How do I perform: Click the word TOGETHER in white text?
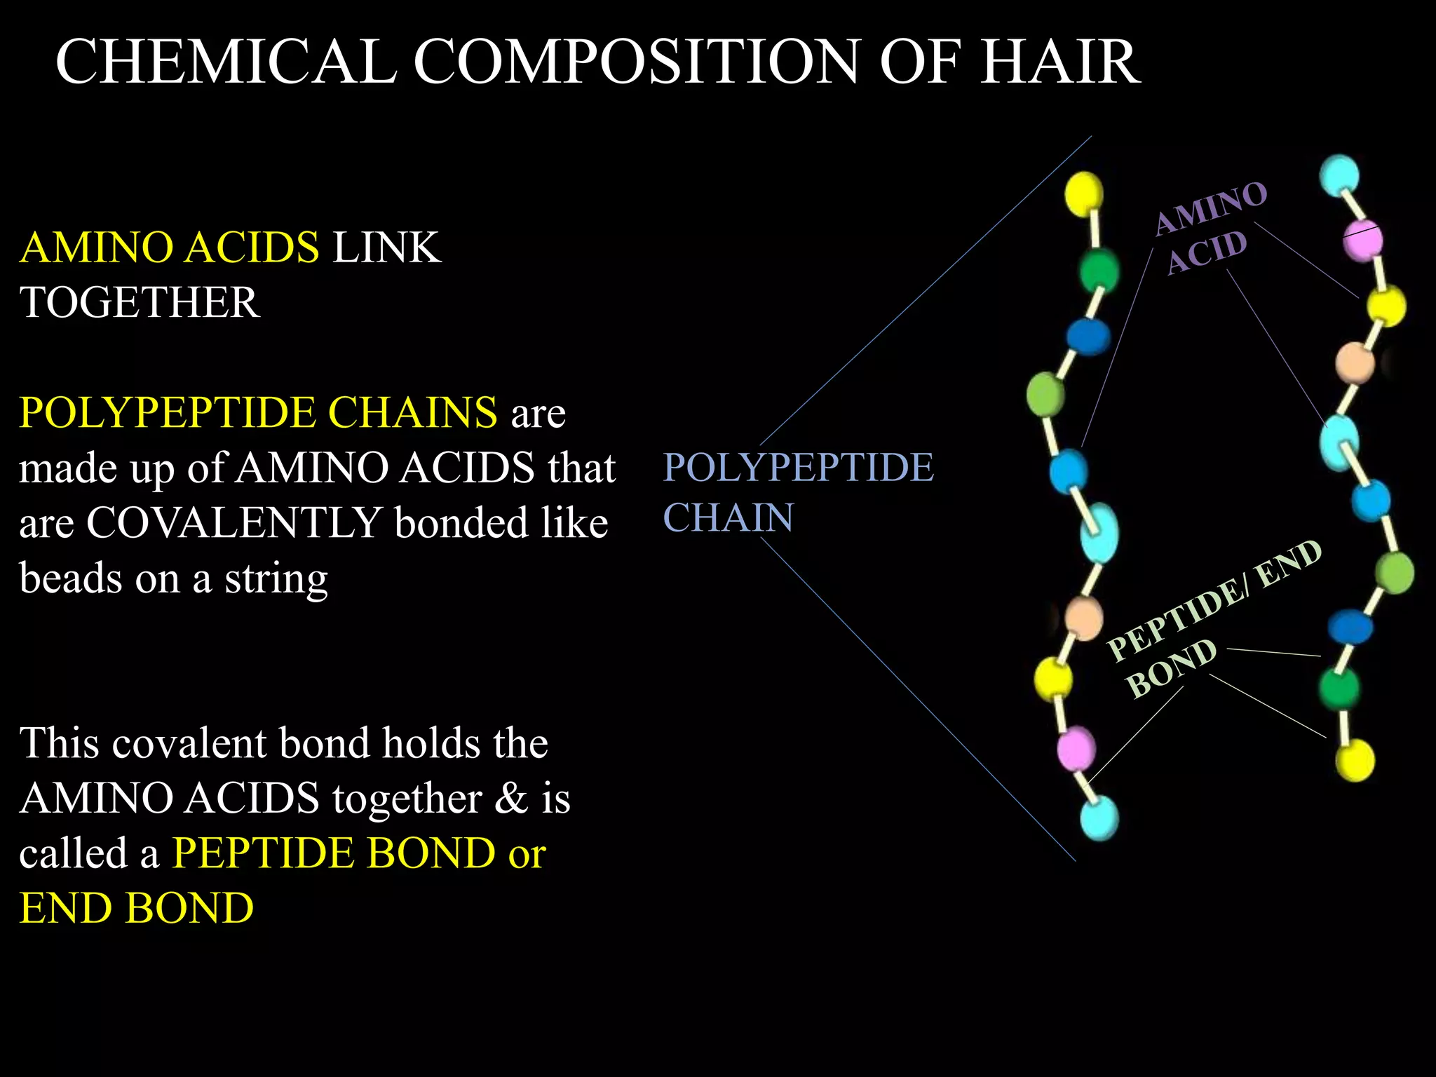tap(140, 302)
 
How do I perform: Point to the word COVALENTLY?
tap(233, 523)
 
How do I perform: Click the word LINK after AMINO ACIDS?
tap(386, 248)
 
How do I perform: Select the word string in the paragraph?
tap(276, 579)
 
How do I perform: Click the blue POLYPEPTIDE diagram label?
tap(798, 467)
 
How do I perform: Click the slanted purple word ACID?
tap(1207, 252)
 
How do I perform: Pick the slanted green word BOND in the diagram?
tap(1170, 668)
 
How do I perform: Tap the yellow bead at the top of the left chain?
tap(1083, 194)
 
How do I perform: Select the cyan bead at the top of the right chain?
tap(1339, 175)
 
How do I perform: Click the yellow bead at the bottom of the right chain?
tap(1355, 760)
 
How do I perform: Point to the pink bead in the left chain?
tap(1076, 747)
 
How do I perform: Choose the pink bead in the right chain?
tap(1362, 240)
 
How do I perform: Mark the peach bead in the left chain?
tap(1084, 617)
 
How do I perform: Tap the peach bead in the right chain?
tap(1355, 363)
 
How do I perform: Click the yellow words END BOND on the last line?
tap(137, 909)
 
